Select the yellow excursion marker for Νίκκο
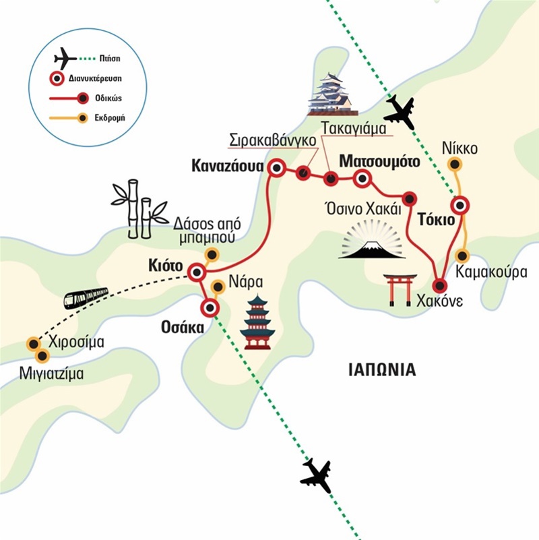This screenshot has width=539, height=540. pos(456,163)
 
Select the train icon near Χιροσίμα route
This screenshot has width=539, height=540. pos(86,297)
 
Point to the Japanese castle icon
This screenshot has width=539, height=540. pos(330,94)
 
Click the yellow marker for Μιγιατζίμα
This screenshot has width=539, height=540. pos(42,355)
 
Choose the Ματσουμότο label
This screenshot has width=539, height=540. pos(379,162)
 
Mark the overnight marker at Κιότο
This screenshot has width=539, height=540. pos(196,272)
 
